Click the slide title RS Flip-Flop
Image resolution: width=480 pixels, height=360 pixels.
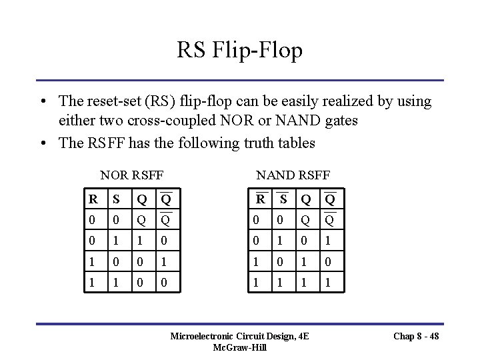point(240,49)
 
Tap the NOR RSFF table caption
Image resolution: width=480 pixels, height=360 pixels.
point(132,175)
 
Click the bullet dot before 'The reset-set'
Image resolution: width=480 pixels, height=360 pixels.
point(42,102)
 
